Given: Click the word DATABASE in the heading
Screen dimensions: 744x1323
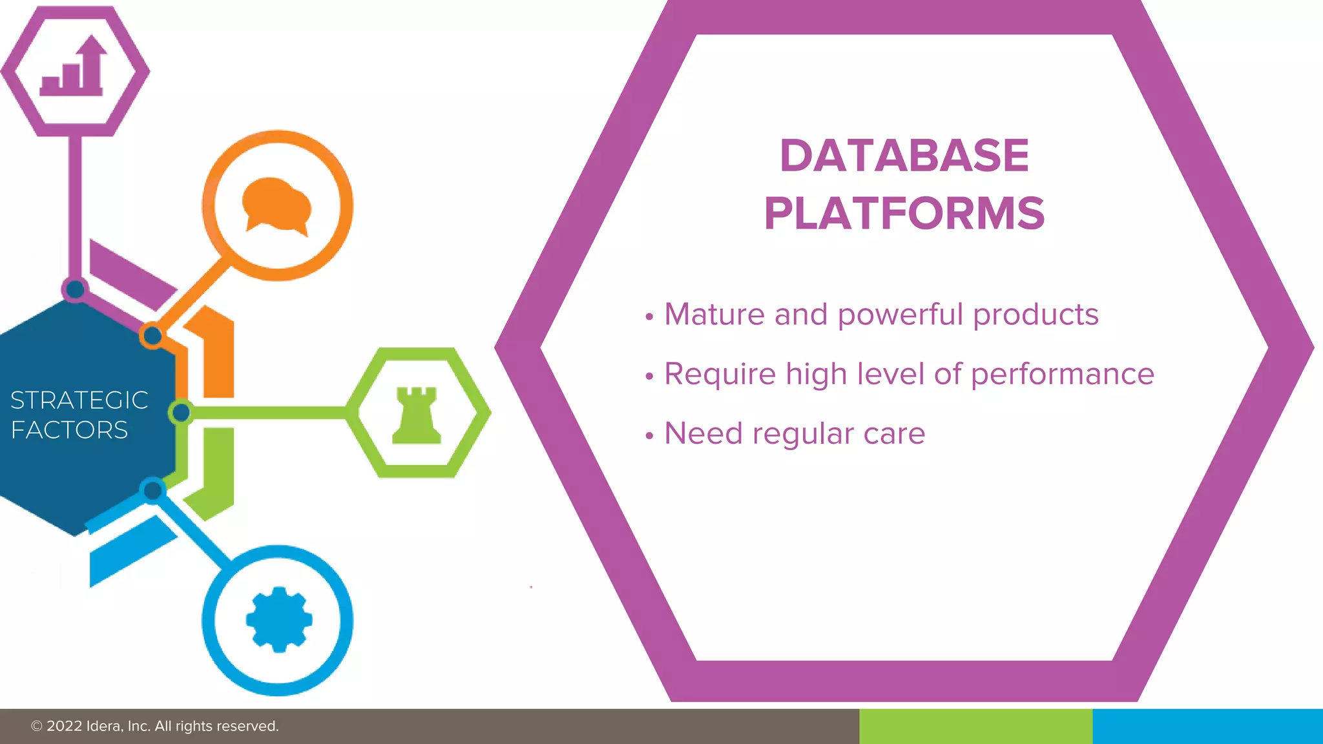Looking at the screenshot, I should (x=904, y=156).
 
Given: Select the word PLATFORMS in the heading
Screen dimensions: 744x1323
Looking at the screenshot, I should (x=904, y=214).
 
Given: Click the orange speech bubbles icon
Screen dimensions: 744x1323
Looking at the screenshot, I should (x=277, y=205).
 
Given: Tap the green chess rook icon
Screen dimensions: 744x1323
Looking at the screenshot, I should (x=417, y=415).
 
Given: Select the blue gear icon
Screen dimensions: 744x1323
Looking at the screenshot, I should (x=278, y=619).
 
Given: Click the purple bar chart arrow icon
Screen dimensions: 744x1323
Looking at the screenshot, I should (x=74, y=68).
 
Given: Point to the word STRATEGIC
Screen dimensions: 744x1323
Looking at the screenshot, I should (x=79, y=400).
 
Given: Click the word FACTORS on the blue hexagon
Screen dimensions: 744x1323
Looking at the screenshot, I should (x=69, y=430).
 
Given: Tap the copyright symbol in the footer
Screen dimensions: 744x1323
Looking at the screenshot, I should (x=37, y=727).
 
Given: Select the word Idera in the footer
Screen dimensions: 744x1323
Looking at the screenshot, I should (x=103, y=727).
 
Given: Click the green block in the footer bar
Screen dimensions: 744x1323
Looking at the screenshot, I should (x=975, y=727).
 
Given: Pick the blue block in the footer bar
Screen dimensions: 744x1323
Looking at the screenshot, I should (x=1207, y=727).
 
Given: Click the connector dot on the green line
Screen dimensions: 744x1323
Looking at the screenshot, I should (x=182, y=412).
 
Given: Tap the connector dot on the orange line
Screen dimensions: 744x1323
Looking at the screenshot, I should (x=152, y=336).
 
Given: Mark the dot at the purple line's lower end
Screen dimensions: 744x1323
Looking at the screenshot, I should (x=76, y=289).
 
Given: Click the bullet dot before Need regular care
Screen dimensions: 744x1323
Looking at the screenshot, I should (x=649, y=435).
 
